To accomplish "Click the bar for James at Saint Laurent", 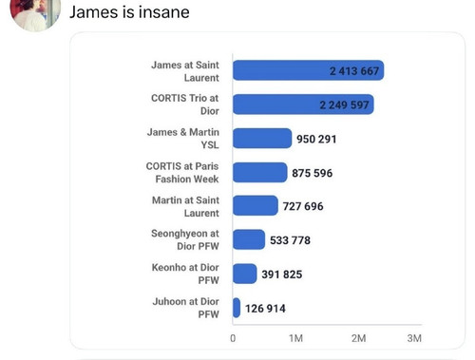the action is pos(308,70).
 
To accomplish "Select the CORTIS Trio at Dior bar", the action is pos(303,104).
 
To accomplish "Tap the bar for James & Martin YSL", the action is pos(262,139).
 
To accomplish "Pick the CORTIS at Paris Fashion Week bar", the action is pos(260,172).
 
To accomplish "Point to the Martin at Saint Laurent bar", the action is pos(256,205).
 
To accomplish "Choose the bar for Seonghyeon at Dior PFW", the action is pos(249,239).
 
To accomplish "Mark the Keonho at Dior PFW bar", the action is pos(245,274).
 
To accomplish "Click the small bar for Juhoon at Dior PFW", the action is pos(237,308).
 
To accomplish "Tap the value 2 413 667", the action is pos(354,71).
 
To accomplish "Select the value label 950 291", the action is pos(316,139).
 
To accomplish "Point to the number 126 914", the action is pos(265,309).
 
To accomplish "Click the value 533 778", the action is pos(290,240).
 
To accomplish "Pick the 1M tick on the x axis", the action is pos(295,338).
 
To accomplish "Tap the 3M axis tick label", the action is pos(414,338).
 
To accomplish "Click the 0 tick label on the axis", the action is pos(233,338).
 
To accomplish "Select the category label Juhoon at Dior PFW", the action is pos(186,308).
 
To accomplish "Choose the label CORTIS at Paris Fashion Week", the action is pos(182,173).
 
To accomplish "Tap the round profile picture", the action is pos(35,12).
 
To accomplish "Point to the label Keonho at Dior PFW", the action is pos(185,274).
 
